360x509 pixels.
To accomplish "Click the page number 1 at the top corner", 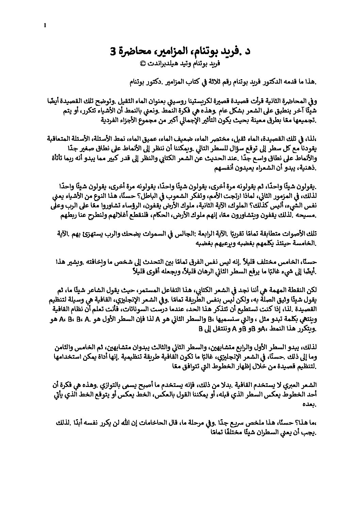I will coord(45,24).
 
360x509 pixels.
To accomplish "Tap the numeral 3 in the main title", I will coord(113,52).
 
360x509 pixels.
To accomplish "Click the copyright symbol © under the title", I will coord(143,63).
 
